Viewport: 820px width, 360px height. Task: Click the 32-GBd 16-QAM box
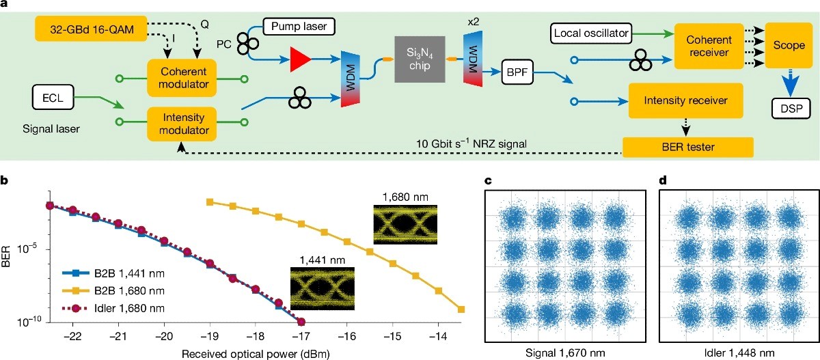(x=91, y=29)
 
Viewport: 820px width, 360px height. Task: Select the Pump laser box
(x=299, y=27)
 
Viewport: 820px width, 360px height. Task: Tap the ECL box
(x=53, y=97)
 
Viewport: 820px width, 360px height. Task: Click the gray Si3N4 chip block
(x=420, y=59)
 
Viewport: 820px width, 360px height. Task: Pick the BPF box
(x=517, y=72)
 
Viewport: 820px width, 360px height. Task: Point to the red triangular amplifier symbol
(x=300, y=59)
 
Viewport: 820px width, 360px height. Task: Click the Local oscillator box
(x=591, y=33)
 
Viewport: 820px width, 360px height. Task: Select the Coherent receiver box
(x=709, y=46)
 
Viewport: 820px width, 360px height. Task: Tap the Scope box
(x=789, y=45)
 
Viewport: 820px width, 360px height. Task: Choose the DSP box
(x=791, y=109)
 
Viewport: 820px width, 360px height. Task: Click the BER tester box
(x=688, y=147)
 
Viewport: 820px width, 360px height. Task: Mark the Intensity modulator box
(x=182, y=124)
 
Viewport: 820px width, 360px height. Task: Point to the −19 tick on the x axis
(x=210, y=336)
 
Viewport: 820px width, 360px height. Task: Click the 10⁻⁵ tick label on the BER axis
(x=27, y=249)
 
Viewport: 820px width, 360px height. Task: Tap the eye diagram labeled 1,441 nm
(x=323, y=289)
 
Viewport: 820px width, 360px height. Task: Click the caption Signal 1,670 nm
(x=565, y=352)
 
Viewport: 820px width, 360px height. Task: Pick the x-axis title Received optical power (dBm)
(x=256, y=354)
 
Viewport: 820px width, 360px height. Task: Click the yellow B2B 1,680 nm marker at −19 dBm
(x=210, y=202)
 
